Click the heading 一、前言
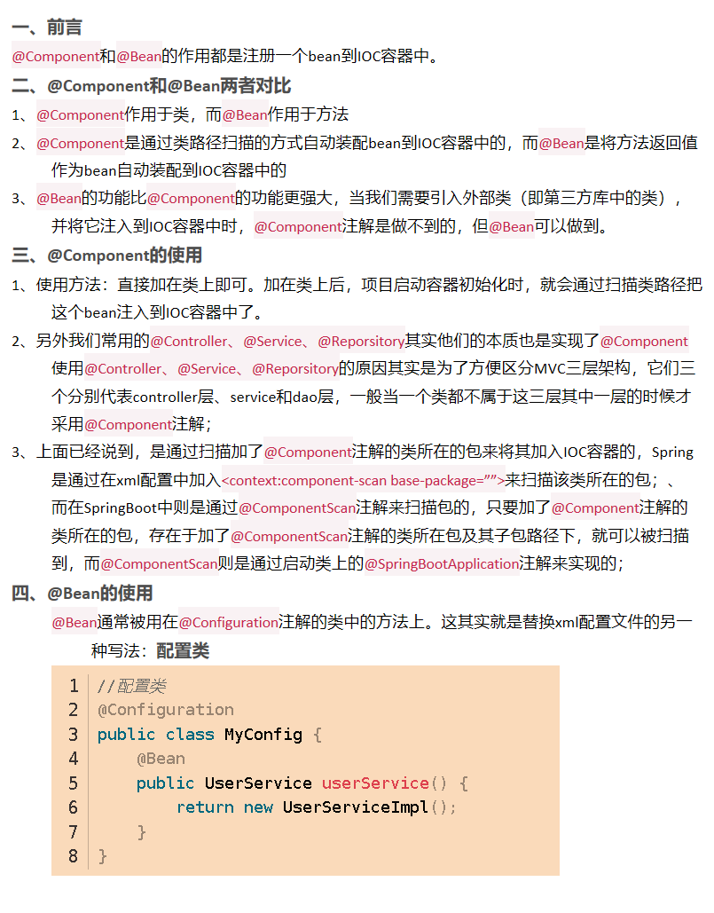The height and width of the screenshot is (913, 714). [47, 28]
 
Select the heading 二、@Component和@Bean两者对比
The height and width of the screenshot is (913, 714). [152, 86]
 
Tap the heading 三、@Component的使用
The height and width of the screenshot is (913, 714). [107, 256]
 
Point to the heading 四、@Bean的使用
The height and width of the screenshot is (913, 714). [82, 593]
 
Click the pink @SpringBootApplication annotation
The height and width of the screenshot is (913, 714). [441, 563]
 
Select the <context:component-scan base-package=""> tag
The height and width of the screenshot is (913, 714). [363, 480]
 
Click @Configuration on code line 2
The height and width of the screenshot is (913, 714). [166, 710]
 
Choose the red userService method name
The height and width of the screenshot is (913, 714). [375, 783]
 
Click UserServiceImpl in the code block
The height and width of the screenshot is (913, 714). [355, 807]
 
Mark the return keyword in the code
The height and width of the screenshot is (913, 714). [205, 807]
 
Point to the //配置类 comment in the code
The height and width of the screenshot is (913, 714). [131, 686]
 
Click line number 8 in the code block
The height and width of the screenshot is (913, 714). [73, 856]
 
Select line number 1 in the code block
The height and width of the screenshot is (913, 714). [73, 686]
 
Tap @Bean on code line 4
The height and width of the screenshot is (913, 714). [161, 759]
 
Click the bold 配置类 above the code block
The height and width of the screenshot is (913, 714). [183, 651]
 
